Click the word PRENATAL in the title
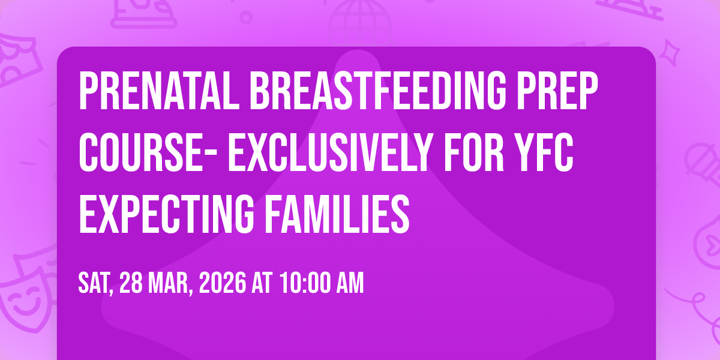click(x=159, y=91)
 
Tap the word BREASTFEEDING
click(x=378, y=91)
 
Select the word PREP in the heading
click(x=557, y=91)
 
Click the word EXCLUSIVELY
click(x=329, y=152)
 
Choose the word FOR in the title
click(x=474, y=152)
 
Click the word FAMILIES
click(x=337, y=214)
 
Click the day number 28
click(x=131, y=283)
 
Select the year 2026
click(x=223, y=283)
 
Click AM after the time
click(x=350, y=283)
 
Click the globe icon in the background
click(x=360, y=23)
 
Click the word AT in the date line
click(x=262, y=283)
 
